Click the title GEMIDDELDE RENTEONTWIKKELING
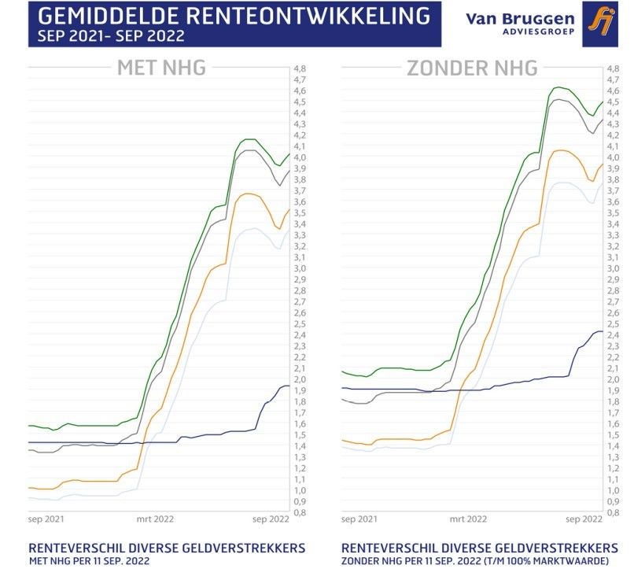(x=234, y=15)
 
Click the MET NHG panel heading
(x=161, y=68)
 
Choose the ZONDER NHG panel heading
(x=472, y=68)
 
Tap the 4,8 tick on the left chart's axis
(x=300, y=68)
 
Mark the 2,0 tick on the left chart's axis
(x=300, y=379)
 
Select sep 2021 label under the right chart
(x=359, y=519)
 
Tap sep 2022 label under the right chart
(x=582, y=519)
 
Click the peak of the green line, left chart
(x=249, y=139)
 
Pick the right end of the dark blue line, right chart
(x=603, y=331)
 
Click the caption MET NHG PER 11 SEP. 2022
(x=88, y=560)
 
